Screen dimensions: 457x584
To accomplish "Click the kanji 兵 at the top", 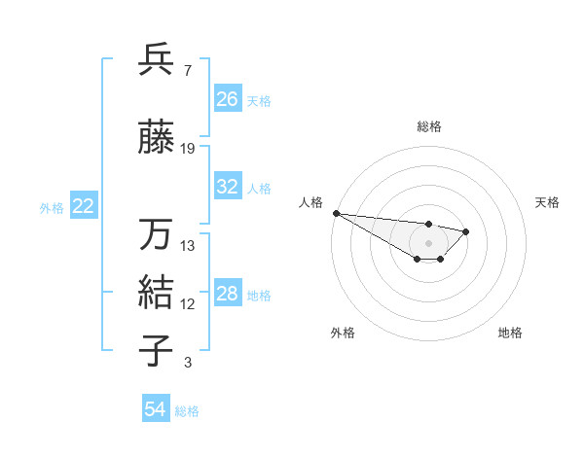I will [157, 59].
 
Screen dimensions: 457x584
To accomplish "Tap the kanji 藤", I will [157, 139].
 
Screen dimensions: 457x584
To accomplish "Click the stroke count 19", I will [188, 149].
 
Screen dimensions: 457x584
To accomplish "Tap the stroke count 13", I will [188, 246].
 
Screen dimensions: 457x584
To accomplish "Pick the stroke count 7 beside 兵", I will [187, 70].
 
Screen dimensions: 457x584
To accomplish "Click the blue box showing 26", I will [227, 99].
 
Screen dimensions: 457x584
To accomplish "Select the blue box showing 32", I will [227, 187].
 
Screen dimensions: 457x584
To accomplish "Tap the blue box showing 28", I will [227, 294].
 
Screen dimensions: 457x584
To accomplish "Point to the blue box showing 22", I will [83, 206].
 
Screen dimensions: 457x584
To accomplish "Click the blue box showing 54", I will [155, 409].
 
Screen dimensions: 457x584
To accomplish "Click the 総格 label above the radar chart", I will [428, 126].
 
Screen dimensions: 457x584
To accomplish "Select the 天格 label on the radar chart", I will [547, 202].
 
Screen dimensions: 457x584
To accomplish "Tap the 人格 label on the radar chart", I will [310, 202].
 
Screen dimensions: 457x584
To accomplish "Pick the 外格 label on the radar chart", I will [343, 334].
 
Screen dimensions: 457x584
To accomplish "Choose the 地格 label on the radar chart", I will [510, 334].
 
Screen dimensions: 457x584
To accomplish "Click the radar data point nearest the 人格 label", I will [336, 213].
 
